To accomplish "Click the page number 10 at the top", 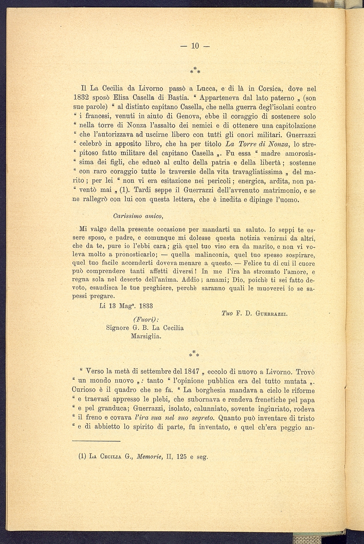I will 195,46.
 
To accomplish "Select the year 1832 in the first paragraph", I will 80,98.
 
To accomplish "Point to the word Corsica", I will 269,89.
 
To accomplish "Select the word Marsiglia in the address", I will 146,336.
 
